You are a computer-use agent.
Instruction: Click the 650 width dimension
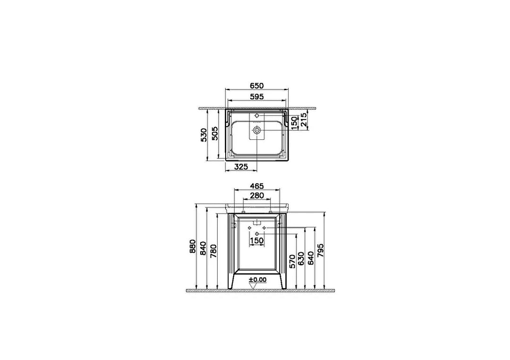point(256,86)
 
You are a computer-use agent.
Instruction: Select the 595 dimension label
point(256,97)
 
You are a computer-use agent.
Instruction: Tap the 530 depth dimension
point(204,135)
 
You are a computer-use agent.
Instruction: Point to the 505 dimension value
point(214,133)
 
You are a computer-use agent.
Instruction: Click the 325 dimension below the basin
point(241,167)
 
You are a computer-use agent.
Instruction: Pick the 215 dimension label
point(304,120)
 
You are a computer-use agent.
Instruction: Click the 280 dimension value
point(256,196)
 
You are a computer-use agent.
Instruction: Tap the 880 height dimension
point(193,247)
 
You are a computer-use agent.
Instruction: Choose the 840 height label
point(203,248)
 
